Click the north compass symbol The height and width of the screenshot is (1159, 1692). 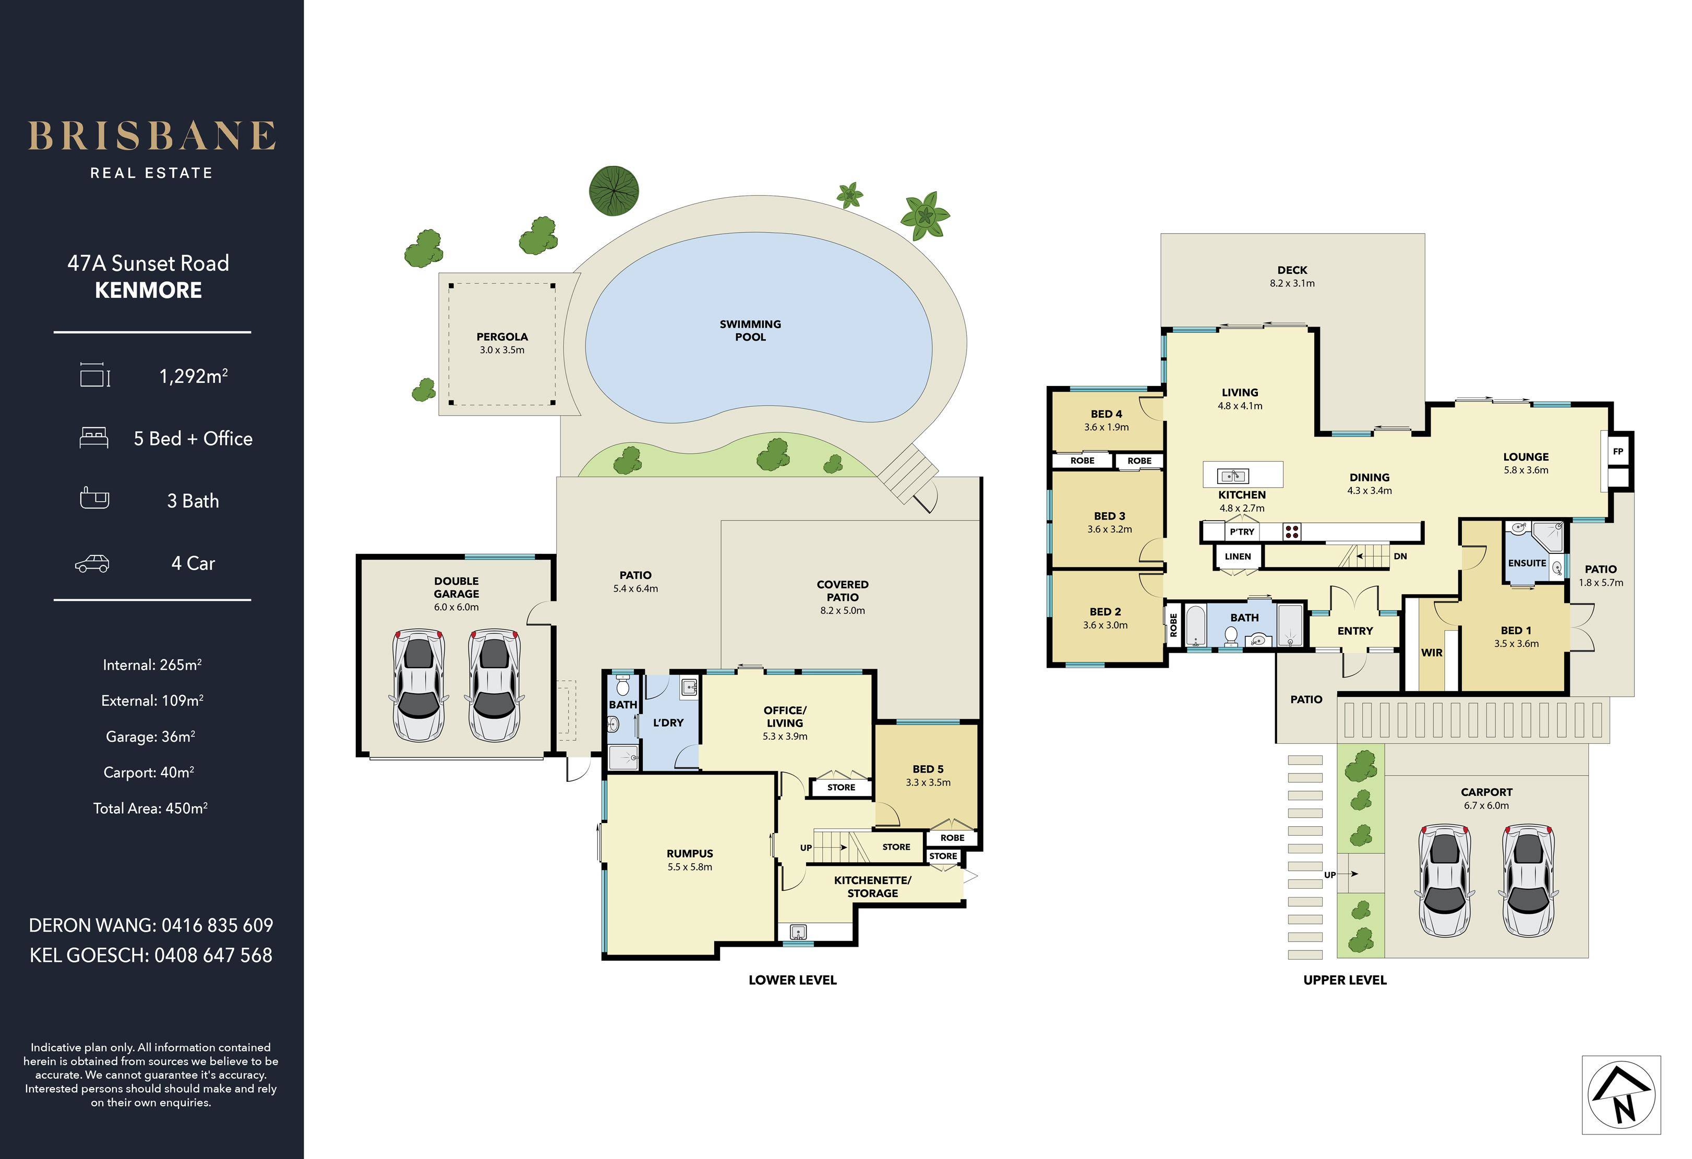tap(1622, 1095)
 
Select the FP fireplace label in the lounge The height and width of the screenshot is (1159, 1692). tap(1618, 451)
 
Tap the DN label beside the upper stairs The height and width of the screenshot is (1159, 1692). tap(1400, 556)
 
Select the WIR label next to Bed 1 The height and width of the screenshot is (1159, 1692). tap(1431, 653)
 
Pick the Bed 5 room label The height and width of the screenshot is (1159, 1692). tap(928, 769)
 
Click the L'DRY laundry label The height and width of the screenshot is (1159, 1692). tap(668, 723)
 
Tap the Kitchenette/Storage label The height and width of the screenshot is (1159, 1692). tap(872, 887)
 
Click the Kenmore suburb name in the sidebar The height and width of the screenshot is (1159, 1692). tap(149, 291)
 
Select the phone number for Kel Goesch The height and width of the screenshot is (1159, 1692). tap(213, 955)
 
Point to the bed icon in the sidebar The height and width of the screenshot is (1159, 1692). tap(94, 438)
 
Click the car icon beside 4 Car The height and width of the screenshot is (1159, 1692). tap(92, 563)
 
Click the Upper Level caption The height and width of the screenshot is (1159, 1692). tap(1345, 980)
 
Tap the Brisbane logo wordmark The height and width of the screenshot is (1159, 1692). tap(151, 136)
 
